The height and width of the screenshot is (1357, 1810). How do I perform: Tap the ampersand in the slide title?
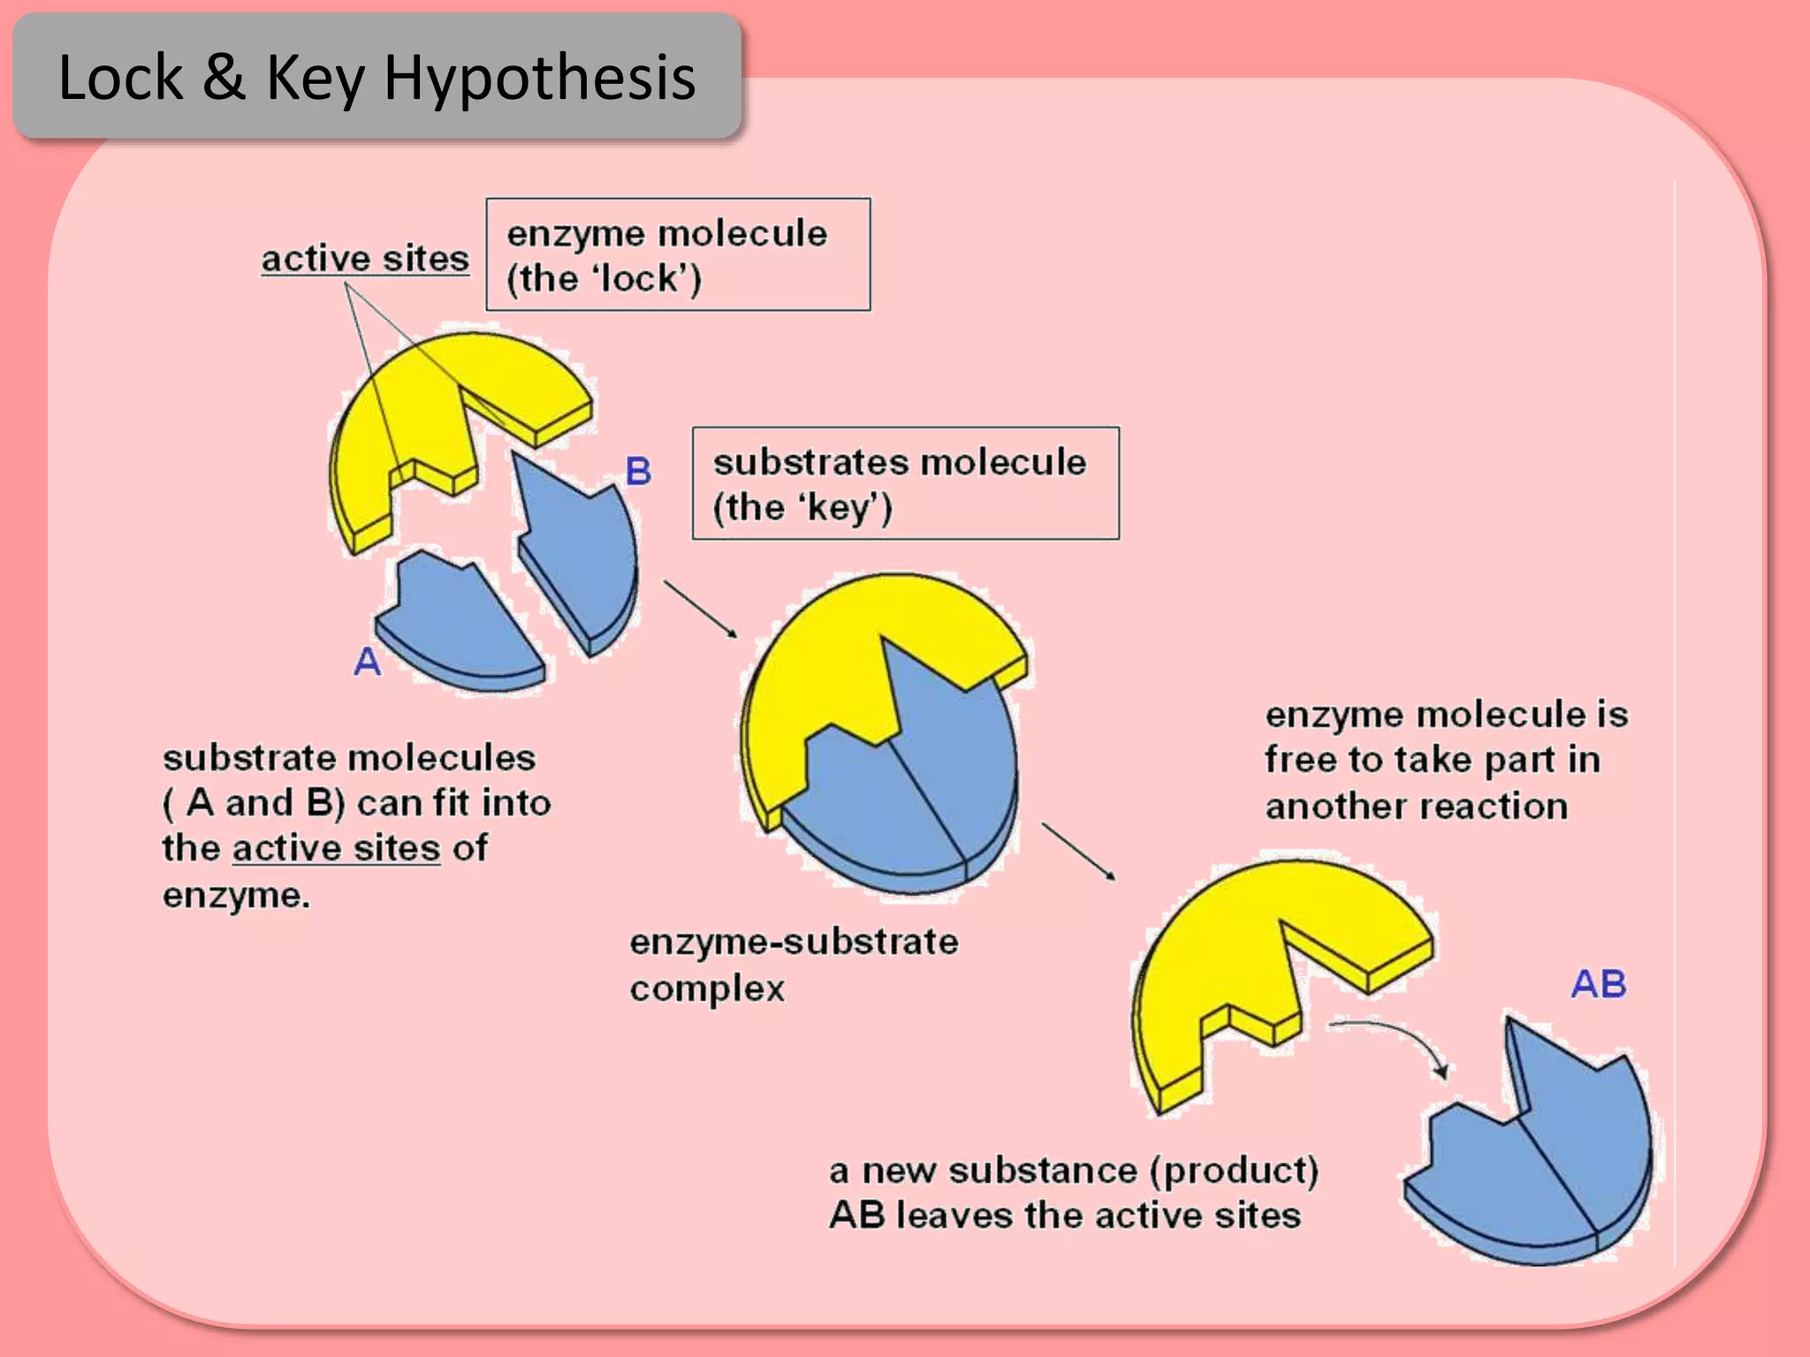point(223,78)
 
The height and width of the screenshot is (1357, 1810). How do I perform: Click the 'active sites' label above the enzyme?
point(365,259)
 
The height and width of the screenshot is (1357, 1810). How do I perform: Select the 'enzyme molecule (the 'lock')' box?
point(678,254)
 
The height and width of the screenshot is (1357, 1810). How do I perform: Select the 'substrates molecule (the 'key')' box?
point(905,483)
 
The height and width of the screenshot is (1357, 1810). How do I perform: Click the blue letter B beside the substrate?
point(638,471)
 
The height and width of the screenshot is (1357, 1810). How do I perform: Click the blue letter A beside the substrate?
point(368,662)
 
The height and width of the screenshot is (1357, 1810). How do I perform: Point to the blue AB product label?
point(1598,984)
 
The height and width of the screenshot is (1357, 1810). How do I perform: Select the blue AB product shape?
point(1547,1166)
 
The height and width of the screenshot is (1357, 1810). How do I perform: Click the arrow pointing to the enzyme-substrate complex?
point(700,609)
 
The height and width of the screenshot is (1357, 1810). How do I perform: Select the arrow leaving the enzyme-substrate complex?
point(1078,852)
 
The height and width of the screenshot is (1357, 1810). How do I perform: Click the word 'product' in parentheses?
point(1234,1171)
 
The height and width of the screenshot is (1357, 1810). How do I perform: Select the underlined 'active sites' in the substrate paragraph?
point(336,848)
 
